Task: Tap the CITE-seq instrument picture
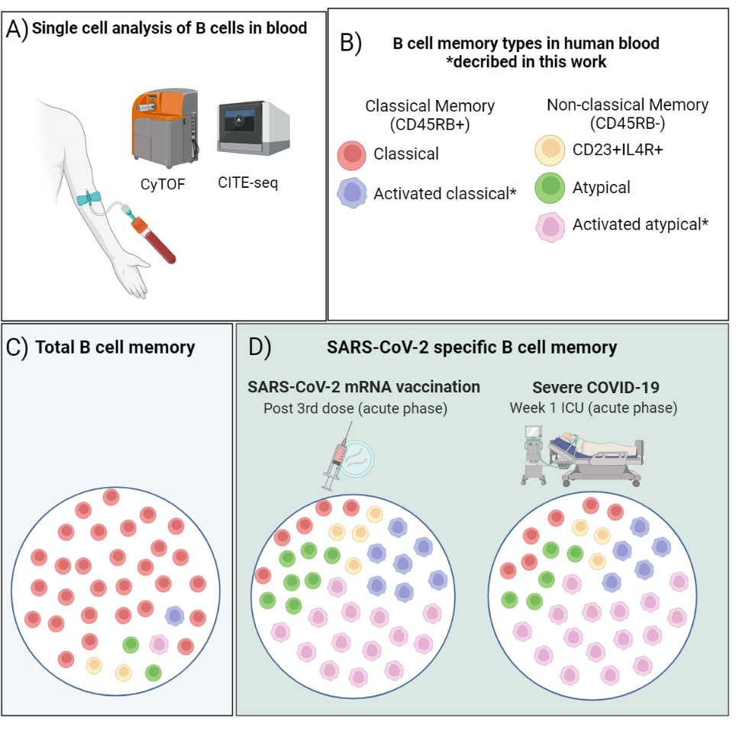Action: tap(253, 128)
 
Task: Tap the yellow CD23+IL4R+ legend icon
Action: tap(551, 150)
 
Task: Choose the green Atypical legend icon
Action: tap(551, 187)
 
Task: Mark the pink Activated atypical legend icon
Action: tap(551, 225)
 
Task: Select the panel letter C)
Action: tap(17, 347)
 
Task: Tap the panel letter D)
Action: tap(260, 347)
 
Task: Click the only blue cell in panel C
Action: tap(175, 615)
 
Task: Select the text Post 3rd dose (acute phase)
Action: tap(355, 408)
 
